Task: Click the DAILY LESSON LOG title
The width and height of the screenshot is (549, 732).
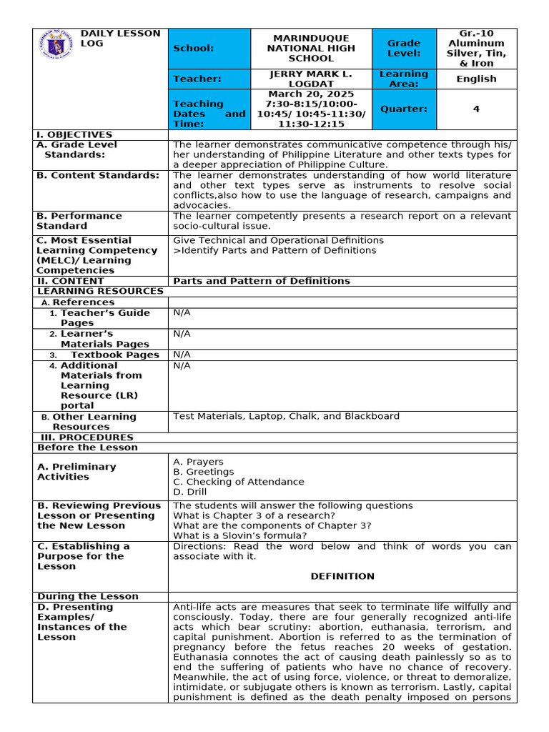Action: click(x=119, y=39)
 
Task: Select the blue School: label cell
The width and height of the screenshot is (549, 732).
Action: click(x=209, y=49)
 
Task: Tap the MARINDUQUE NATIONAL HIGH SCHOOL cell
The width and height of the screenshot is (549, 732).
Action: click(x=311, y=49)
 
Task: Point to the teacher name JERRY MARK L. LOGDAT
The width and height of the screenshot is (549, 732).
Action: click(x=311, y=79)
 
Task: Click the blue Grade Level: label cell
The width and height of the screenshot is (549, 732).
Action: click(x=404, y=49)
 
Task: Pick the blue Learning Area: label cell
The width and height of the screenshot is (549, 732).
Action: click(x=404, y=79)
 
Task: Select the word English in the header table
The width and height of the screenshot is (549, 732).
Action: click(x=476, y=79)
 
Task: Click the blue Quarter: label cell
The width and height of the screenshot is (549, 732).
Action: click(x=404, y=109)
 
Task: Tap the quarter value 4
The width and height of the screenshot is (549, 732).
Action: click(x=476, y=109)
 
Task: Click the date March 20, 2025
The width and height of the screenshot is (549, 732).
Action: click(x=311, y=94)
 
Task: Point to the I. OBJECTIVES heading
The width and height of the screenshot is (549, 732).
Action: click(x=74, y=134)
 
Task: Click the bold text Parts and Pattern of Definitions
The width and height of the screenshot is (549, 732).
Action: click(x=262, y=281)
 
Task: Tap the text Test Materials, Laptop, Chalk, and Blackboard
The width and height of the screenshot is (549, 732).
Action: click(x=286, y=416)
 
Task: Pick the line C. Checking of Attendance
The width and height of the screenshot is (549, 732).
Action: click(x=238, y=482)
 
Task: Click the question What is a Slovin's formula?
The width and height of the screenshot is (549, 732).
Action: click(x=240, y=535)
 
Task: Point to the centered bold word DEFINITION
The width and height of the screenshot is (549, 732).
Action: click(x=342, y=576)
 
